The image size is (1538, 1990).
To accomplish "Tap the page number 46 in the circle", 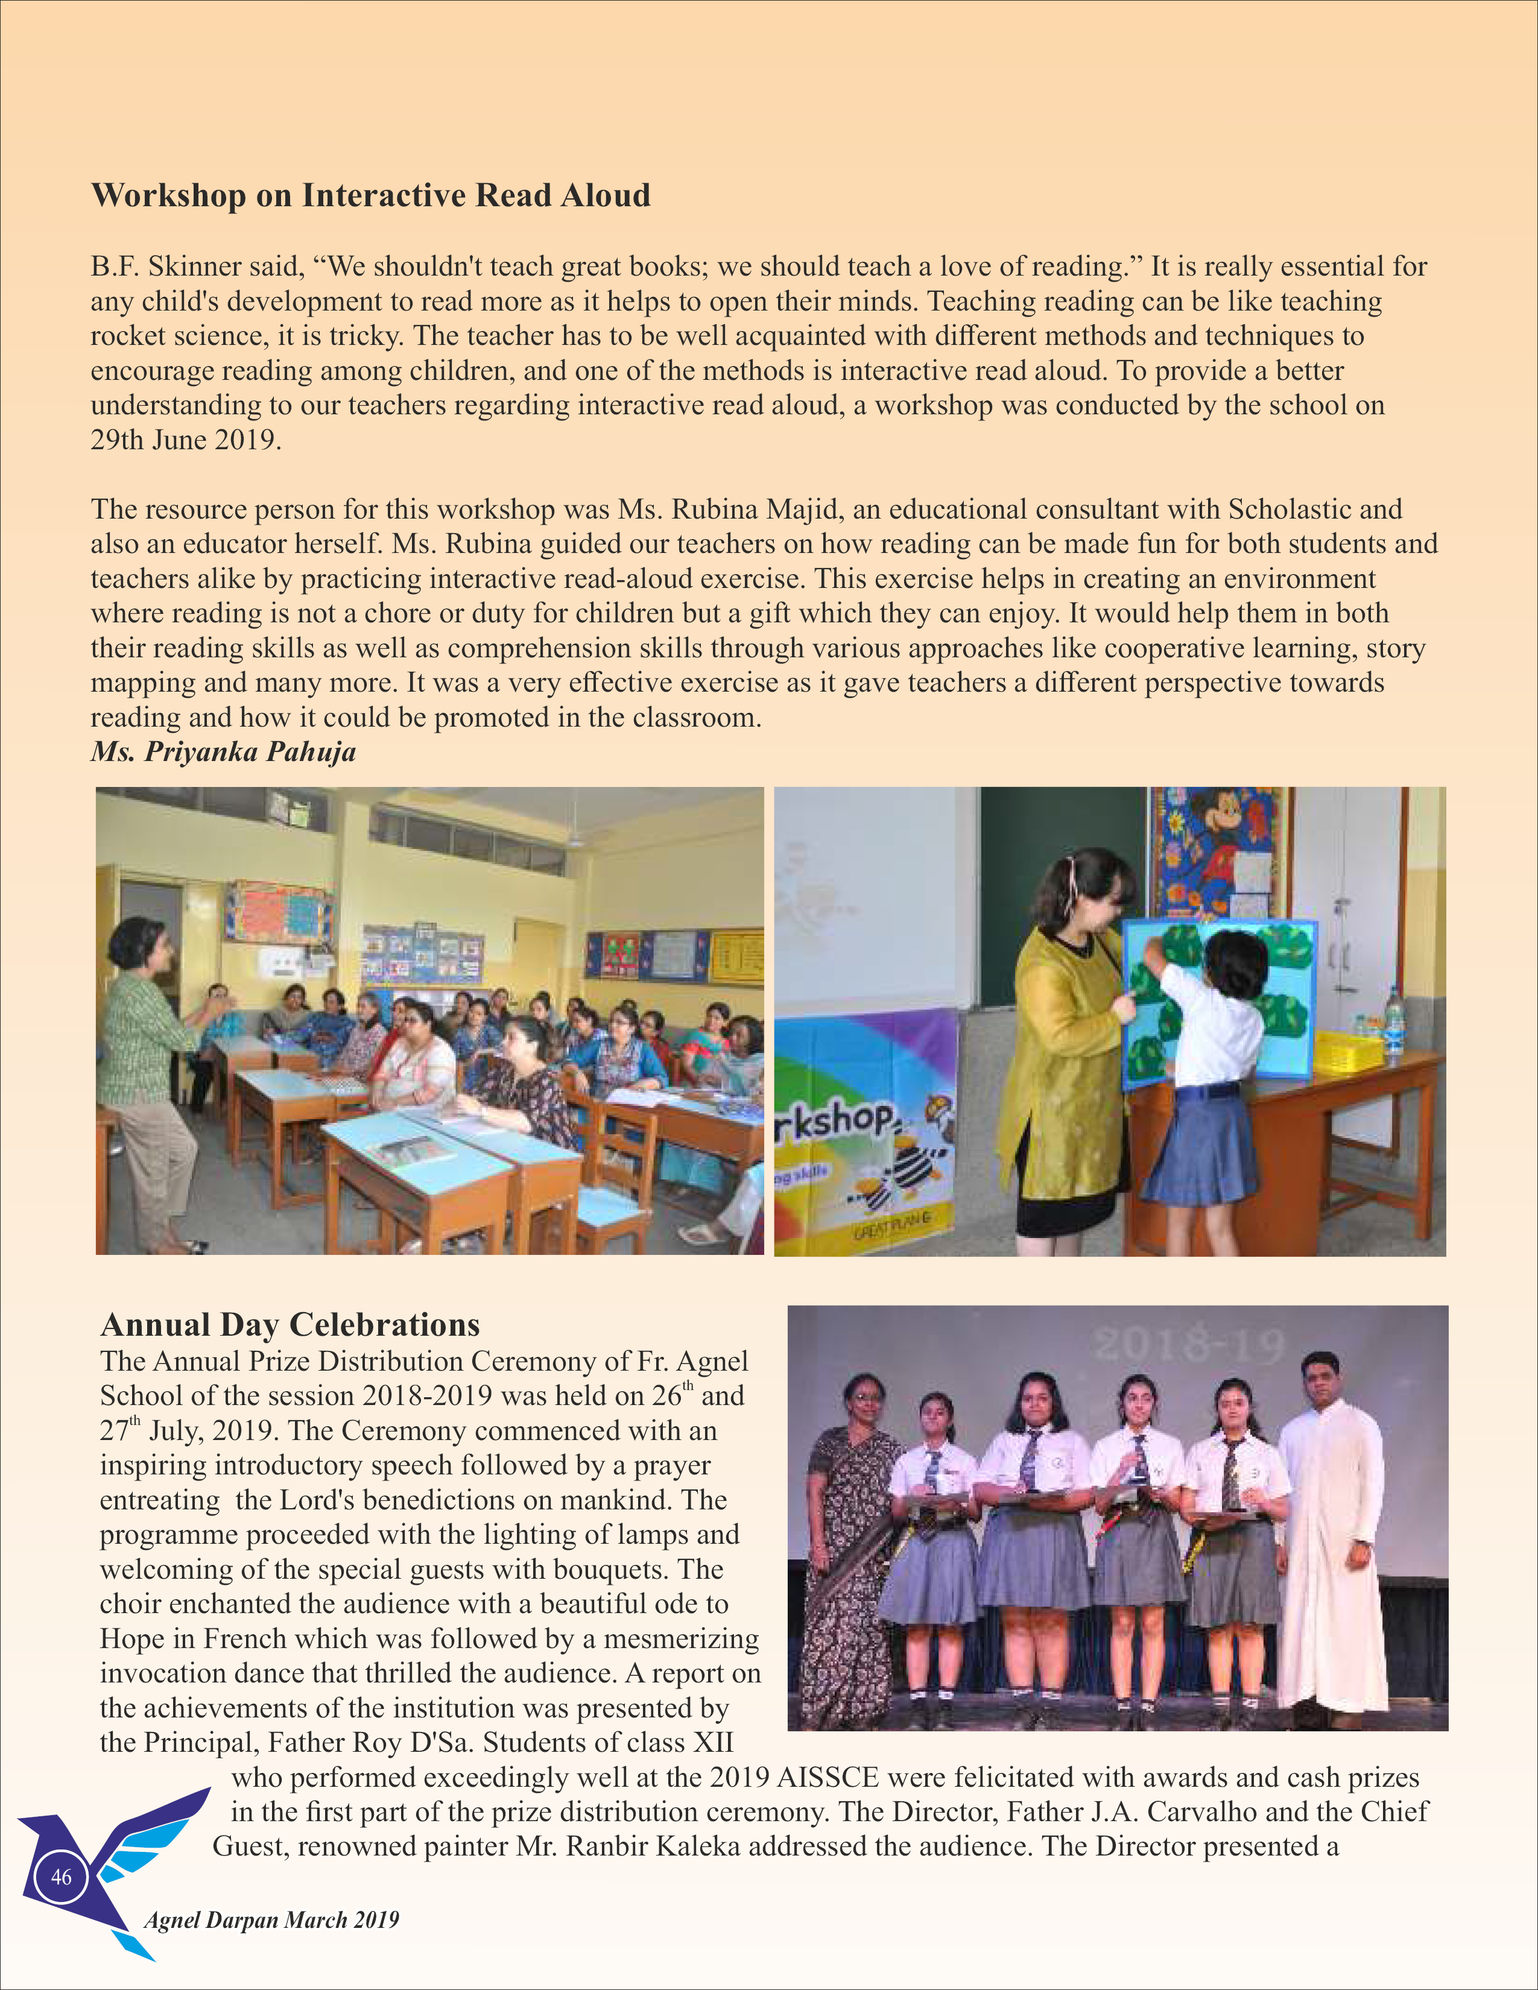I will [61, 1877].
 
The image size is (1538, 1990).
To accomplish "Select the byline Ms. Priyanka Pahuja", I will [223, 753].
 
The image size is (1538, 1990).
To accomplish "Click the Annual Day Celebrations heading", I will [290, 1324].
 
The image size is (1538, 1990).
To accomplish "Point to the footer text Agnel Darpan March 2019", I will [271, 1921].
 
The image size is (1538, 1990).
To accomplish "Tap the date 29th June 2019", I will [185, 440].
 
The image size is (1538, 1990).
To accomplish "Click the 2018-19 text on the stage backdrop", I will [1190, 1345].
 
